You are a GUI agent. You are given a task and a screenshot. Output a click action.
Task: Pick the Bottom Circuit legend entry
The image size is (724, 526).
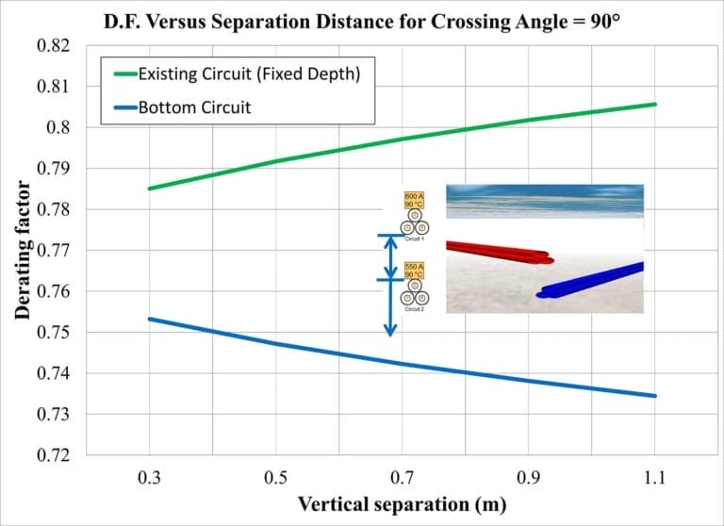(x=194, y=107)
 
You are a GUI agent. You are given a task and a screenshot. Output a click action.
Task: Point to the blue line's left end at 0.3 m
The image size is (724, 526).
(x=150, y=319)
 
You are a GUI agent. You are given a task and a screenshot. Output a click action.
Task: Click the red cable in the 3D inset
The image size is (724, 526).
(x=500, y=252)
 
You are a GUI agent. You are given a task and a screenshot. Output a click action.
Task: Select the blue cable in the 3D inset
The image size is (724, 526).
(x=594, y=281)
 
